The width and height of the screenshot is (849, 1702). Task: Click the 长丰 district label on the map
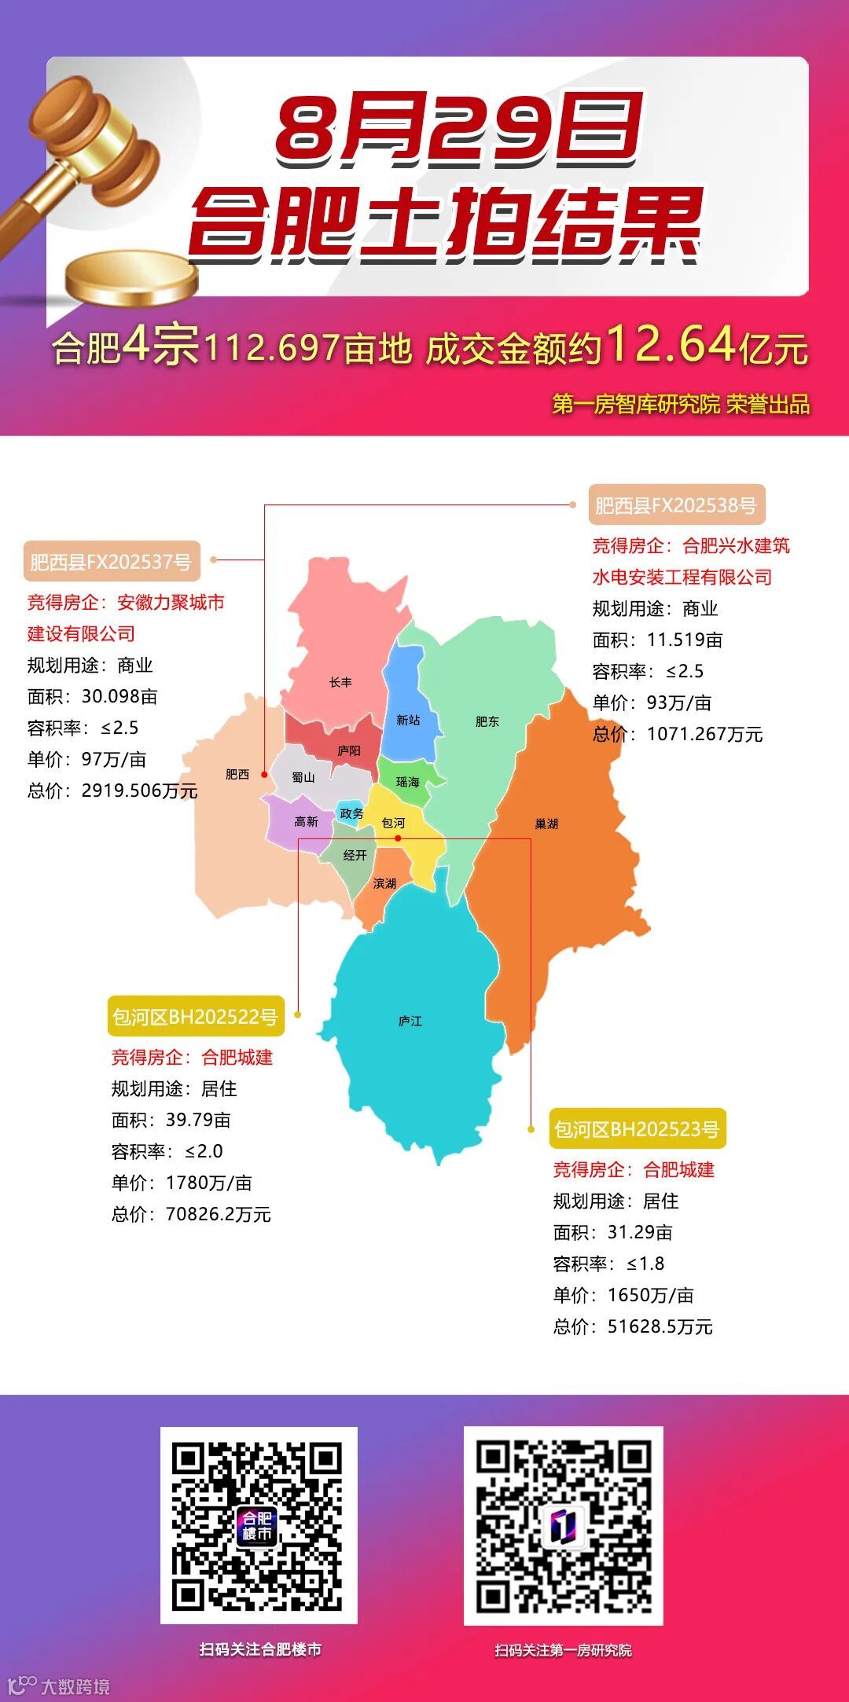(x=340, y=682)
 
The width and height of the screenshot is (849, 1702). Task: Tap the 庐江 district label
(x=410, y=1021)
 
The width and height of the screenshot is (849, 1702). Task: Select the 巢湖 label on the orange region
(x=546, y=823)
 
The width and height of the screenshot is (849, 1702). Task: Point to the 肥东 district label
(x=487, y=721)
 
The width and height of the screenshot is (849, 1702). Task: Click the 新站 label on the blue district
(x=408, y=720)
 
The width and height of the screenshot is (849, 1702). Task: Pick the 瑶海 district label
(x=407, y=782)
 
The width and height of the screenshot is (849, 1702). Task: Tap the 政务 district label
(x=351, y=813)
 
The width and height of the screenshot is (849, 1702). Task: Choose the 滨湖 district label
(x=384, y=883)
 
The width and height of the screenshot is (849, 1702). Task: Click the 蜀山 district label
(x=303, y=777)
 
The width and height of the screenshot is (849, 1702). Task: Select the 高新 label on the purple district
(x=306, y=821)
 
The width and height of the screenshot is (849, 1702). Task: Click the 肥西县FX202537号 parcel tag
(x=111, y=562)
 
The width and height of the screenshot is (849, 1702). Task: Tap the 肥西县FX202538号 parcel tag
(x=676, y=505)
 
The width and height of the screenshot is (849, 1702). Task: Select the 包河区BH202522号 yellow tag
(x=195, y=1017)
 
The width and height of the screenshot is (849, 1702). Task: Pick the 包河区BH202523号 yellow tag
(x=637, y=1129)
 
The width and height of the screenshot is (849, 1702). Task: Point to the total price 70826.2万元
(x=218, y=1214)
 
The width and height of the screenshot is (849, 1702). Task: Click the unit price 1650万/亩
(x=650, y=1295)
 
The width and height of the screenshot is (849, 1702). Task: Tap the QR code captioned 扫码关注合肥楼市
(x=259, y=1525)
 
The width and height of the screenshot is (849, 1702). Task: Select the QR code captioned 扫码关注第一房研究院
(x=563, y=1525)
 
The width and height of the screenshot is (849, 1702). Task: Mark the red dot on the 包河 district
(x=399, y=838)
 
